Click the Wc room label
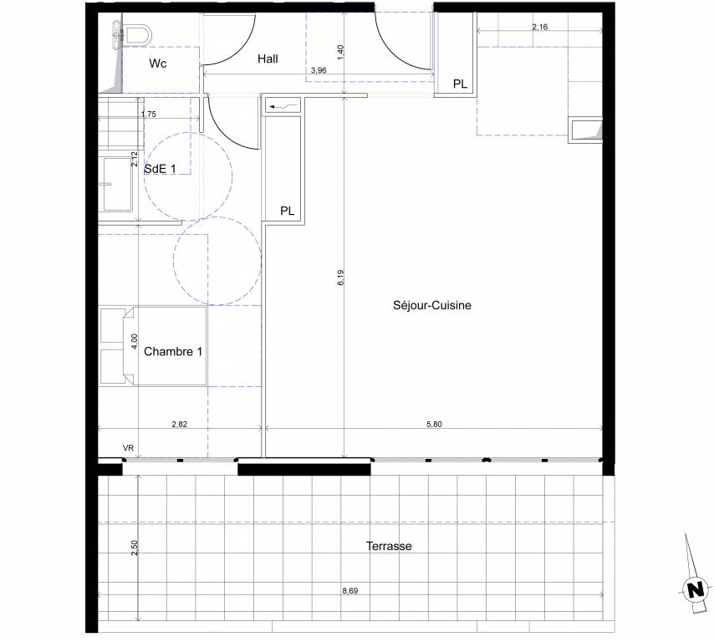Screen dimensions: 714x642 coord(157,64)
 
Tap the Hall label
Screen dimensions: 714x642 coord(268,59)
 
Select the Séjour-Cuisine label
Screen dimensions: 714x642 coord(432,305)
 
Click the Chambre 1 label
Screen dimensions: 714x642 coord(173,351)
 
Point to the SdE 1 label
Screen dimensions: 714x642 coord(160,169)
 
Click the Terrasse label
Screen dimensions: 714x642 coord(389,546)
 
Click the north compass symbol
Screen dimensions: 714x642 coord(695,590)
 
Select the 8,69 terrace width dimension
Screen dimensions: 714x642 coord(350,590)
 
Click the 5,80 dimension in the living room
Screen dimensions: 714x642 coord(434,424)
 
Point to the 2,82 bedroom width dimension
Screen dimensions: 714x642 coord(180,424)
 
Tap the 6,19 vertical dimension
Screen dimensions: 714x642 coord(341,278)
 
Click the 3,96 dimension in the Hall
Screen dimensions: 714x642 coord(319,70)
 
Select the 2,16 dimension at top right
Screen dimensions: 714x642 coord(540,27)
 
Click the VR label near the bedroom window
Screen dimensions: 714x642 coord(129,448)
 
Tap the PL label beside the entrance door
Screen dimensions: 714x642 coord(460,84)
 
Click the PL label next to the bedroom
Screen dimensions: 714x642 coord(288,211)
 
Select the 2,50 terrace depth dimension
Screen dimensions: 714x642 coord(134,548)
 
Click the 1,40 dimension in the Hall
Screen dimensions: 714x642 coord(341,53)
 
